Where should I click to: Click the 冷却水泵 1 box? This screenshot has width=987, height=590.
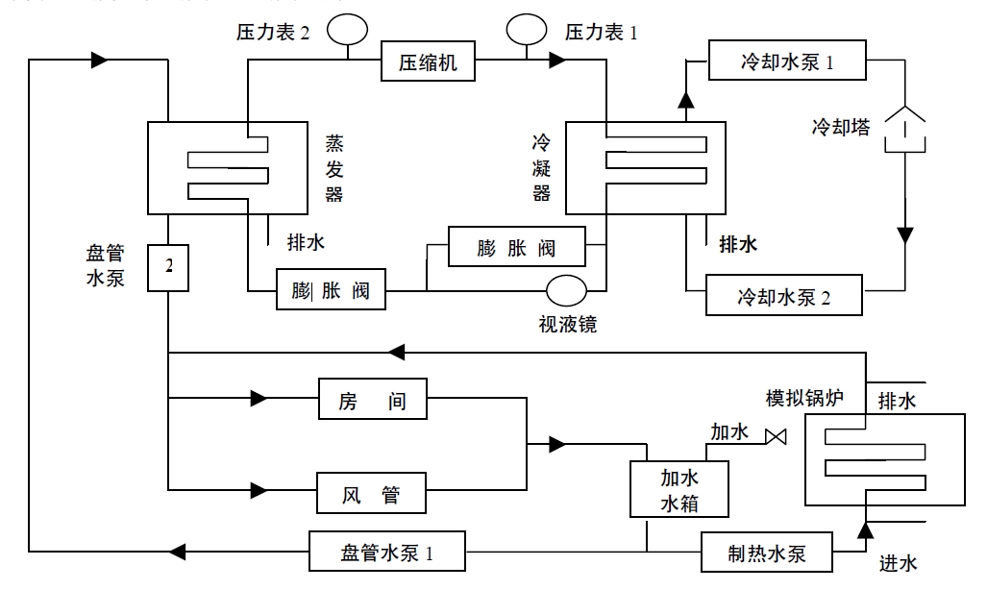(x=786, y=61)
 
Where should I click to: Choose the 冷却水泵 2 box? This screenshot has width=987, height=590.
(x=784, y=295)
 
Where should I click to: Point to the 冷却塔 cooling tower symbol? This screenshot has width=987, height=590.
(x=905, y=130)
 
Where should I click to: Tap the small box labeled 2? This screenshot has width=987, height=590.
(x=169, y=266)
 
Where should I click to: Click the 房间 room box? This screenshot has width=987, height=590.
(x=373, y=399)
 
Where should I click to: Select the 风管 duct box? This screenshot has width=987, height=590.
(x=373, y=496)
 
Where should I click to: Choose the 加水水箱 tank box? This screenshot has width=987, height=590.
(x=679, y=489)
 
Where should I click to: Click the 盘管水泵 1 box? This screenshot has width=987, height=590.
(x=387, y=553)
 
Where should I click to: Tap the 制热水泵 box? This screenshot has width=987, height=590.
(x=766, y=553)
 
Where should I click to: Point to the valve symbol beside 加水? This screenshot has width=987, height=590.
(x=775, y=438)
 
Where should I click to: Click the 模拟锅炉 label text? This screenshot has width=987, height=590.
(x=803, y=398)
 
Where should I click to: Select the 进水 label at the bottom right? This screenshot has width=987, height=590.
(x=899, y=562)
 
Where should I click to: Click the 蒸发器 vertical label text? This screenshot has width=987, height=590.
(x=333, y=168)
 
